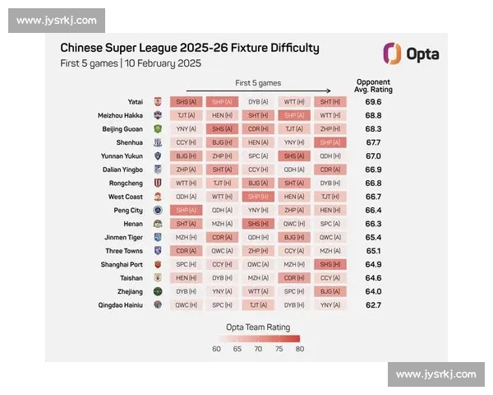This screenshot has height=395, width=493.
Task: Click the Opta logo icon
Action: click(393, 54)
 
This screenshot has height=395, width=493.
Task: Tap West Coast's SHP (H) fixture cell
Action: click(258, 197)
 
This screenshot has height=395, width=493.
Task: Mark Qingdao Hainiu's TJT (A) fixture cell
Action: click(258, 305)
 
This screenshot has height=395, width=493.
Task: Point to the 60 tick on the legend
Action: click(216, 348)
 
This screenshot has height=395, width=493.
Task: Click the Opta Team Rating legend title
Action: click(257, 326)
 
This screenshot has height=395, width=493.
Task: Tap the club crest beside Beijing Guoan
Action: click(157, 129)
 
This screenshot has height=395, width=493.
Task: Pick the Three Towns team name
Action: click(124, 251)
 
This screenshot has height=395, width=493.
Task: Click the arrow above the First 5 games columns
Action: click(258, 91)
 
